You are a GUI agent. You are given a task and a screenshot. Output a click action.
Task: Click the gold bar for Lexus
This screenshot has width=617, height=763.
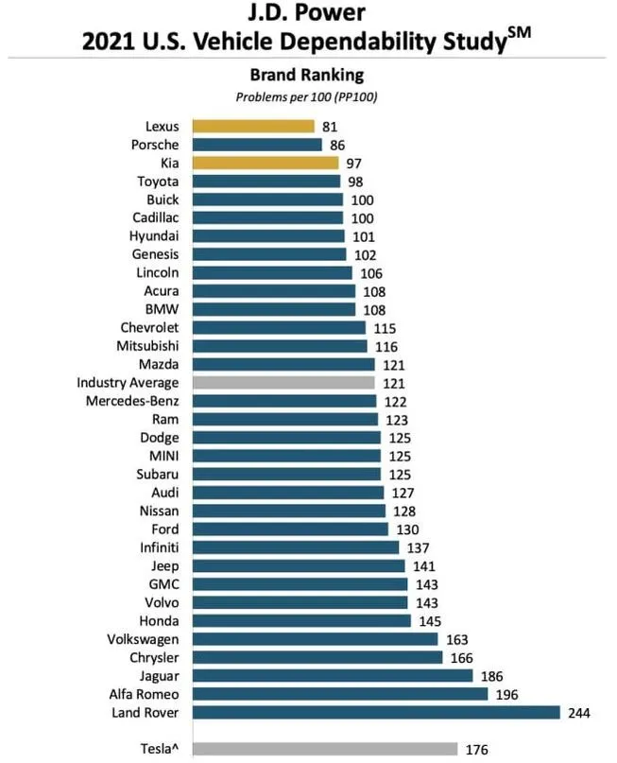click(x=253, y=126)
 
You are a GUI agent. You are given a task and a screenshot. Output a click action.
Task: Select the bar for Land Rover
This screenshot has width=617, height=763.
click(x=376, y=712)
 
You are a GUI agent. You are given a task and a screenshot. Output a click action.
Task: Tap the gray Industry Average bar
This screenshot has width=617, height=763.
click(x=283, y=382)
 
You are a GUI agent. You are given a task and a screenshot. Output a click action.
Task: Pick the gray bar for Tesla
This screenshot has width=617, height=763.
click(x=325, y=749)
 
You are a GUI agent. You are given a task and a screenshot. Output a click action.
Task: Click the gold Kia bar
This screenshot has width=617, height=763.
click(x=266, y=163)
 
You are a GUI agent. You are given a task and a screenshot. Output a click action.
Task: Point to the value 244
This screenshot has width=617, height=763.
click(x=580, y=712)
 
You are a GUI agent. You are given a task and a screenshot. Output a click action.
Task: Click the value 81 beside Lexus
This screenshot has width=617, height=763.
click(x=329, y=126)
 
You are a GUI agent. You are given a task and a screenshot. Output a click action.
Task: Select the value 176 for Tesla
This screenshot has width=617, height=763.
click(x=477, y=749)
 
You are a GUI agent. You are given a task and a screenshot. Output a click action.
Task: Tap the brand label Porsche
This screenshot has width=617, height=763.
click(x=156, y=145)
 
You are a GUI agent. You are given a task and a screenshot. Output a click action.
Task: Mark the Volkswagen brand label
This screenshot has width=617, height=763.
click(x=139, y=639)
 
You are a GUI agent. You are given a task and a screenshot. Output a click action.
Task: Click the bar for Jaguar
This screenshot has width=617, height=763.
click(x=333, y=675)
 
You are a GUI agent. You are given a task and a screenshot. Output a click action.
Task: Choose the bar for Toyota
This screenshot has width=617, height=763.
click(x=266, y=181)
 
